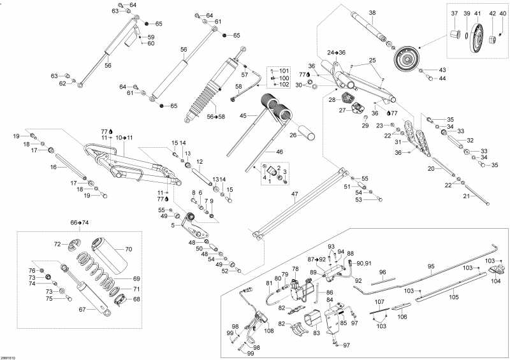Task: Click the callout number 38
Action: (372, 13)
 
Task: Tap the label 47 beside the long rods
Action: (295, 194)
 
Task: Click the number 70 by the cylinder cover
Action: (127, 250)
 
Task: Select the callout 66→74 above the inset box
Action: (80, 222)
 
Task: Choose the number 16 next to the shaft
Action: (54, 167)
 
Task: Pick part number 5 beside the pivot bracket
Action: (173, 224)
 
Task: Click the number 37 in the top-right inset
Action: (455, 13)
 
